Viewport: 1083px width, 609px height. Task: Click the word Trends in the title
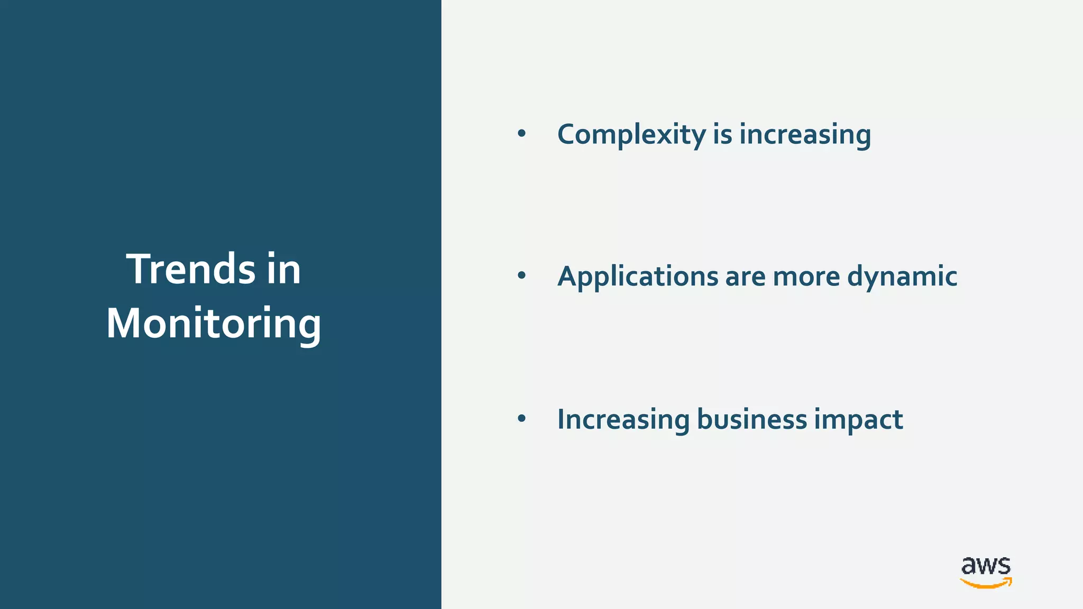[191, 269]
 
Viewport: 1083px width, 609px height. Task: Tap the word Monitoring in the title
[214, 324]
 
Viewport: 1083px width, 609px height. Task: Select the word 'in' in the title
[284, 269]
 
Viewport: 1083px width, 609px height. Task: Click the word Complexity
[631, 135]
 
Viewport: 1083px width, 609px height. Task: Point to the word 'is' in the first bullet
[722, 134]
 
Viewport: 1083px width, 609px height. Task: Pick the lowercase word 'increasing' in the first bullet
[805, 135]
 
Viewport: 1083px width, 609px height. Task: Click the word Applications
[637, 276]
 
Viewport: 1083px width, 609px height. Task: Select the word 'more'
[806, 277]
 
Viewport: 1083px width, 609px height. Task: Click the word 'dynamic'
[902, 276]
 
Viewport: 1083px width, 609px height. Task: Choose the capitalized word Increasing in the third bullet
[623, 420]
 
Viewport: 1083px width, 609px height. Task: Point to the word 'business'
[752, 419]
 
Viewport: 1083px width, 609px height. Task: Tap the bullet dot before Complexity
[522, 134]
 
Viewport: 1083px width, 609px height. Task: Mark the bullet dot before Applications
[522, 275]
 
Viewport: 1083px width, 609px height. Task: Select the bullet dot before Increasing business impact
[522, 419]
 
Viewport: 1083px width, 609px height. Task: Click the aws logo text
[986, 566]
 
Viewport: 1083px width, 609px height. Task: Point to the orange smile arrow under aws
[986, 583]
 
